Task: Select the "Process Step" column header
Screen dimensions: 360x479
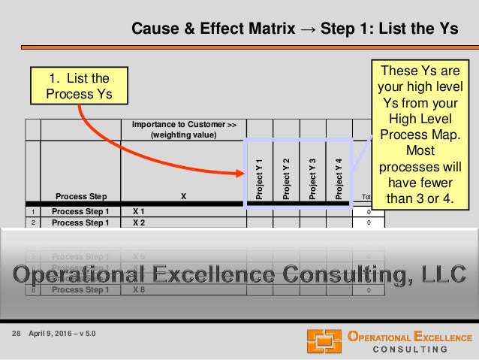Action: [80, 197]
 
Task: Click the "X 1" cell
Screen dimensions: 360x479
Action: [139, 211]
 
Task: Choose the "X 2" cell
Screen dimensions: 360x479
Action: [139, 222]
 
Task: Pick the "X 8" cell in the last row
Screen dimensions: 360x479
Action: [139, 290]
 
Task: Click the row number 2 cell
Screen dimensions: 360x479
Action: [32, 222]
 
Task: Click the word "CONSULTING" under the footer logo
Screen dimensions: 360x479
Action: [411, 349]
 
